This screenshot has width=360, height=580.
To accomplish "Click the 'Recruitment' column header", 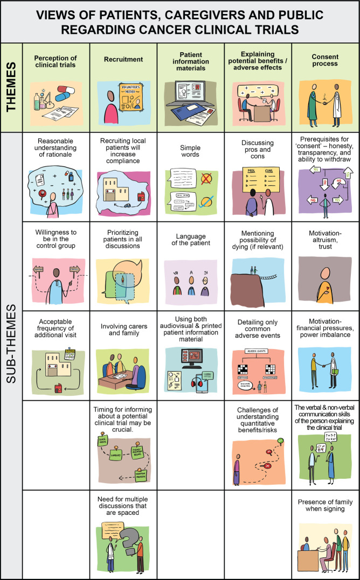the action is [123, 60].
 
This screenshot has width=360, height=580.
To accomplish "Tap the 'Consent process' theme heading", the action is [326, 60].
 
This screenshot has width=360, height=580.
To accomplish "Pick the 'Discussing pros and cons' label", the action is [258, 146].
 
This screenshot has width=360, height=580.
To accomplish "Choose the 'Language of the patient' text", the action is [191, 240].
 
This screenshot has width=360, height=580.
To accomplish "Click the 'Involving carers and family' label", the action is [123, 329].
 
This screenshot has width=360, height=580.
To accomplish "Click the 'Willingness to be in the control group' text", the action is [56, 240].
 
